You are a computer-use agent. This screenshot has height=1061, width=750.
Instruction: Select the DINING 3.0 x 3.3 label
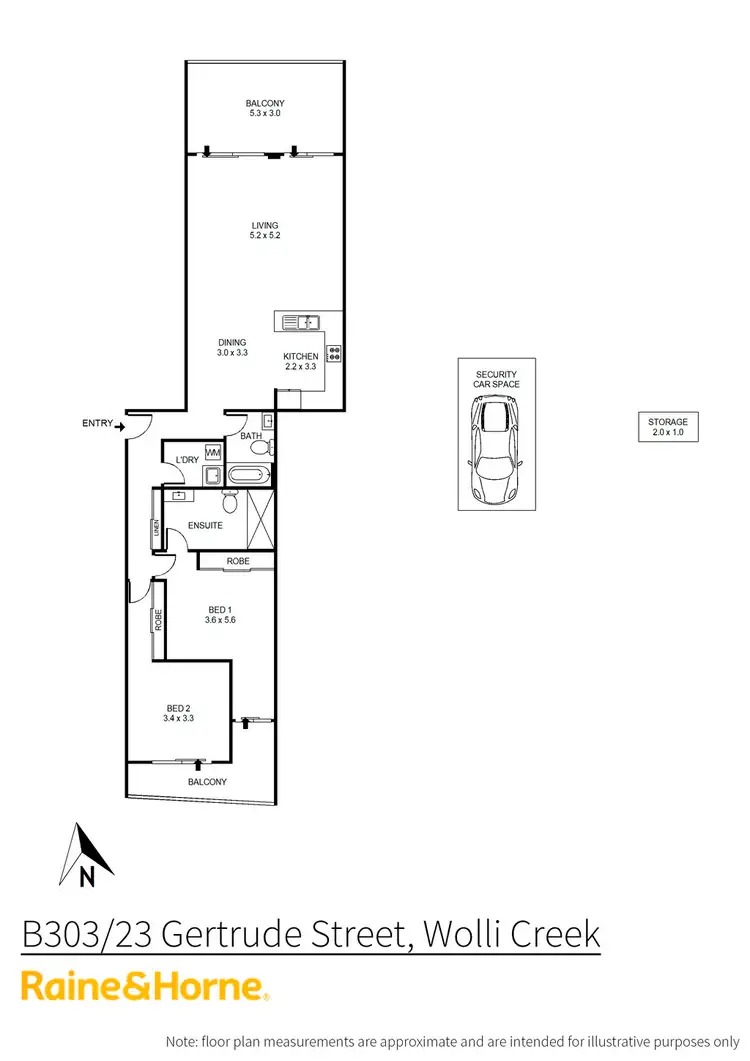tap(232, 348)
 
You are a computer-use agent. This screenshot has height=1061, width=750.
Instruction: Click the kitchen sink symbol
tap(300, 321)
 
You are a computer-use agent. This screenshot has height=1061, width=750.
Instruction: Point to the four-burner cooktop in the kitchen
tap(334, 352)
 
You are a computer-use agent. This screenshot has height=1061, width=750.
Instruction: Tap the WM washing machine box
tap(213, 452)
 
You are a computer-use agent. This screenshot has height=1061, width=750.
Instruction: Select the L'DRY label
tap(187, 460)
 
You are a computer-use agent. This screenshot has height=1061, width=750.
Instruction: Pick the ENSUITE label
tap(205, 525)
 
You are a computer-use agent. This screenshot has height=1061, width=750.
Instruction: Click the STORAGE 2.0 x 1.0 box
tap(667, 427)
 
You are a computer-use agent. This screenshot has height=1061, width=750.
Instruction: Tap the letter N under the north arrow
tap(87, 878)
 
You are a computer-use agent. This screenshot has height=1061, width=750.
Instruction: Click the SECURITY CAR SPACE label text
tap(497, 379)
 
